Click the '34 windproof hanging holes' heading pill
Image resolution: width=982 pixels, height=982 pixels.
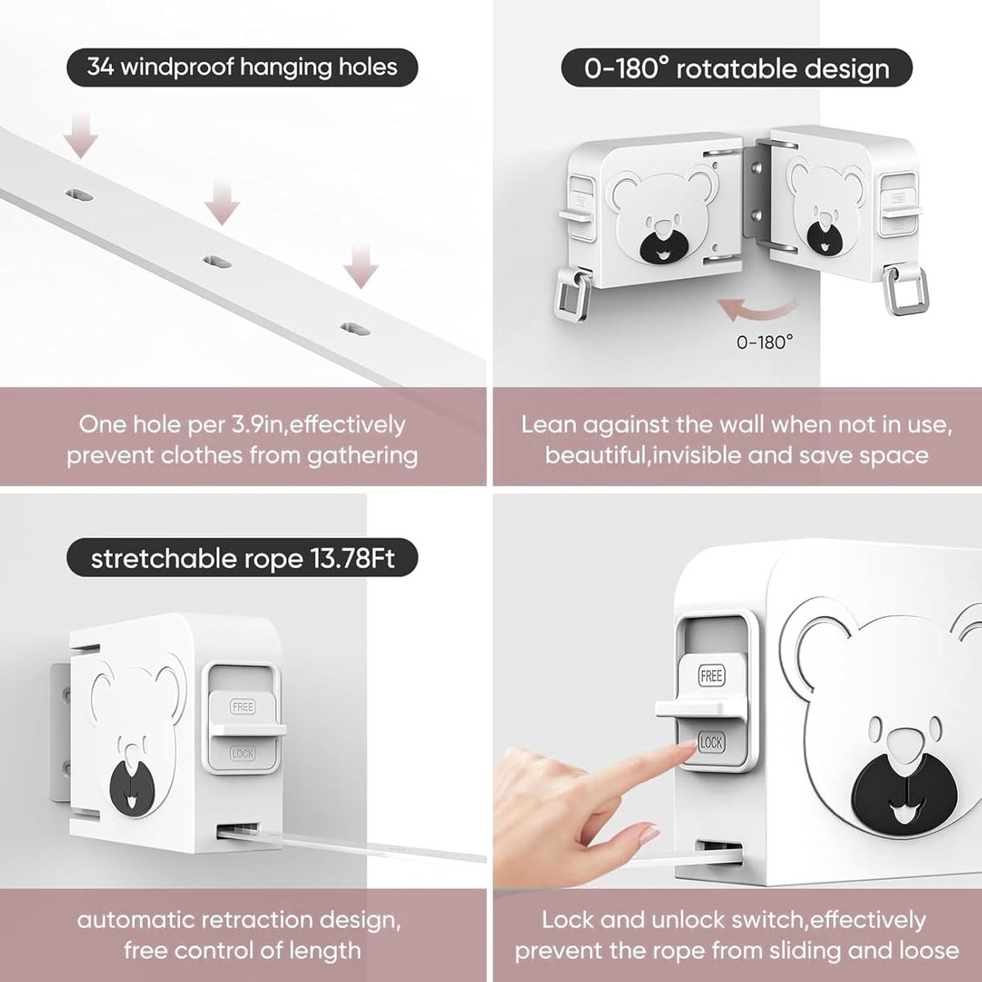tap(242, 67)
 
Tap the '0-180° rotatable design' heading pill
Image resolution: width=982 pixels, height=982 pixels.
tap(736, 68)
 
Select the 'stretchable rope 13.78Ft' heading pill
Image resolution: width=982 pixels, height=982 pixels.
tap(242, 558)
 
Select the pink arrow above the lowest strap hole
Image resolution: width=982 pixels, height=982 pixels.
tap(361, 265)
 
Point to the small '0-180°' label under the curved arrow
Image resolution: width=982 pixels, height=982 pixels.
tap(764, 342)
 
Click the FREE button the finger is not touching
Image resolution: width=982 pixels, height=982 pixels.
tap(711, 676)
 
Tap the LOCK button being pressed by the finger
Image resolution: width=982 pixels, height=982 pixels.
tap(711, 742)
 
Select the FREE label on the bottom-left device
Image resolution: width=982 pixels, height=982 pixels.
tap(242, 706)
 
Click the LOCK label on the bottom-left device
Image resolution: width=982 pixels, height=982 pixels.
tap(242, 753)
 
